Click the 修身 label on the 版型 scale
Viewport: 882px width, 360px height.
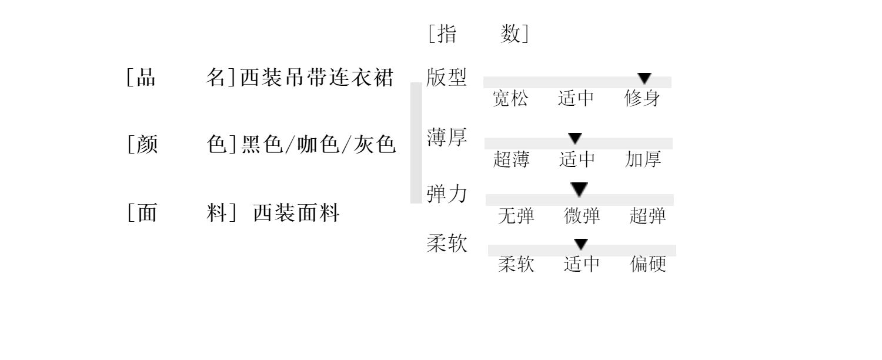tap(642, 99)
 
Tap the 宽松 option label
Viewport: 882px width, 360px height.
tap(510, 99)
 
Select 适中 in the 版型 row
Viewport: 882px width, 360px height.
tap(576, 99)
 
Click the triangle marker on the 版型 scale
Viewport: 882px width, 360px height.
tap(644, 78)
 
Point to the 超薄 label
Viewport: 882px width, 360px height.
tap(511, 159)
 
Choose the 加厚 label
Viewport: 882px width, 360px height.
tap(643, 159)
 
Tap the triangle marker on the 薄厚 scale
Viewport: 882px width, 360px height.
tap(575, 139)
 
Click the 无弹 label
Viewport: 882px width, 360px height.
tap(516, 216)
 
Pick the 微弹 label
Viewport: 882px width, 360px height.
tap(582, 216)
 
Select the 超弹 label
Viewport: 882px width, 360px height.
tap(647, 216)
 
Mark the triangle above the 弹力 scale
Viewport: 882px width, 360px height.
tap(579, 189)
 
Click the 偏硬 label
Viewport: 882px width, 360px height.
tap(648, 264)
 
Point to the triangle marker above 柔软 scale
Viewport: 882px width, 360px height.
tap(581, 244)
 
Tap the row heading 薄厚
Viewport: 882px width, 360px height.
tap(447, 138)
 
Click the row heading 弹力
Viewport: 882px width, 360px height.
tap(447, 194)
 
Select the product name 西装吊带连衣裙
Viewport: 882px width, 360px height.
tap(317, 78)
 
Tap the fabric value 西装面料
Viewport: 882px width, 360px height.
tap(296, 212)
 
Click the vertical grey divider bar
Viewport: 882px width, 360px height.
tap(416, 143)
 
